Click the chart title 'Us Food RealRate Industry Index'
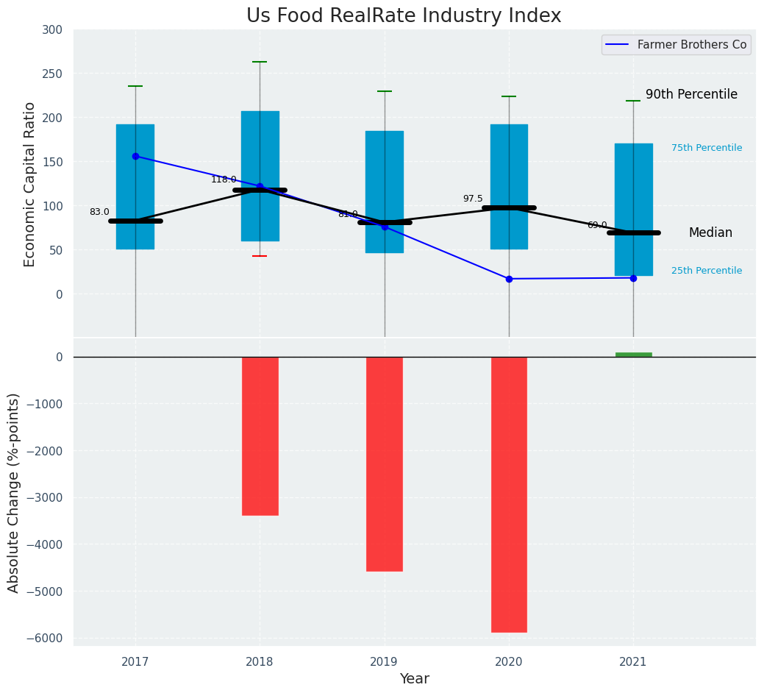[x=404, y=16]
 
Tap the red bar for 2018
[x=260, y=436]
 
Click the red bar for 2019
[x=385, y=463]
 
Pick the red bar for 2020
[x=509, y=494]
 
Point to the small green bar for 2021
[x=633, y=355]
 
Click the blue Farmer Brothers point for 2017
[x=135, y=156]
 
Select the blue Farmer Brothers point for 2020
[x=509, y=279]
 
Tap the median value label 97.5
[x=473, y=199]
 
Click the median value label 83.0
[x=99, y=212]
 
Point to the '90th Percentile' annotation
[x=691, y=94]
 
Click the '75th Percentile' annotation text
[x=707, y=148]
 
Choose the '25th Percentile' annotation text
[x=707, y=271]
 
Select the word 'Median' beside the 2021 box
[x=710, y=232]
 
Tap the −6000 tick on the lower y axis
[x=46, y=638]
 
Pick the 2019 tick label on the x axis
[x=385, y=662]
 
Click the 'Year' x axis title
[x=415, y=679]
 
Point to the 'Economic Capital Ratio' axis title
[x=30, y=184]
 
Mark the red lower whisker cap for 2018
[x=260, y=256]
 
